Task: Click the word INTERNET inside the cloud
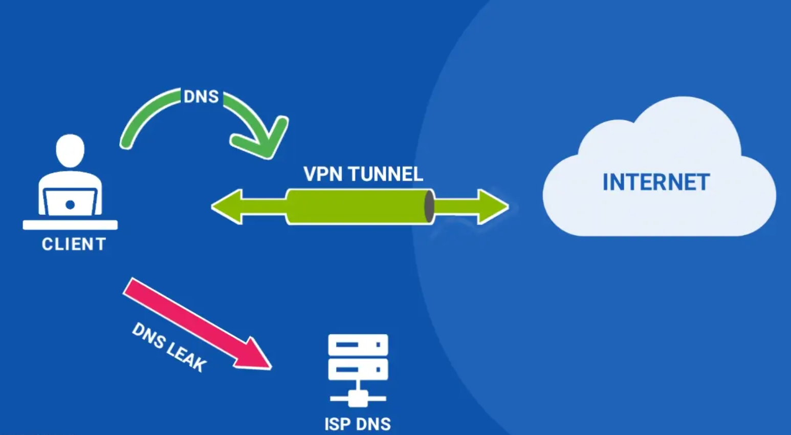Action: tap(656, 182)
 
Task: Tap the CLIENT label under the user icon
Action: tap(74, 244)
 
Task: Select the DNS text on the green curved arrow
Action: tap(201, 97)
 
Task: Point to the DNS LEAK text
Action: tap(169, 347)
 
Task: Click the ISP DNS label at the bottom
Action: tap(358, 424)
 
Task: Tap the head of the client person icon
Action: tap(70, 150)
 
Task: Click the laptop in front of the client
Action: tap(70, 203)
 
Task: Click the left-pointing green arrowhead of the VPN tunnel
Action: tap(228, 207)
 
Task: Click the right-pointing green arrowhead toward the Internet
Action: tap(492, 207)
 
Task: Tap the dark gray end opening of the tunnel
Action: tap(429, 207)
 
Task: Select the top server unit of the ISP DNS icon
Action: tap(358, 345)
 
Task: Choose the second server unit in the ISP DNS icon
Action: tap(358, 369)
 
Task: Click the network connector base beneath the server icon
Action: tap(358, 398)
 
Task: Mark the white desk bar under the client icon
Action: tap(70, 225)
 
